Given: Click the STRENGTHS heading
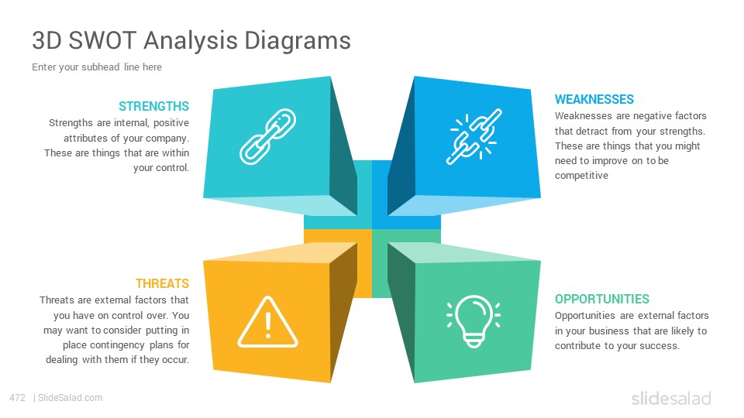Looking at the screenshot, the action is (x=153, y=106).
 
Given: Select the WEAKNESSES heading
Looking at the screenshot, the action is (x=594, y=100).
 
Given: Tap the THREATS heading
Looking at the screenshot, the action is (x=162, y=283).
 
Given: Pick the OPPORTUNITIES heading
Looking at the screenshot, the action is (x=601, y=299).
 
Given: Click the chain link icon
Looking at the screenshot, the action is (x=267, y=136).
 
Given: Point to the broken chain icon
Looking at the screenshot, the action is (x=474, y=136).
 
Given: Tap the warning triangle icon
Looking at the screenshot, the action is (x=267, y=322).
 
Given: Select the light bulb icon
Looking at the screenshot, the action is (x=474, y=320).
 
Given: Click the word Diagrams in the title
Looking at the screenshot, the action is (x=298, y=41).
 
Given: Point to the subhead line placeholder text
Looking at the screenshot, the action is (x=97, y=67).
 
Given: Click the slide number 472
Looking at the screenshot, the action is (x=18, y=398).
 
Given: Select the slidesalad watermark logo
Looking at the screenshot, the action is (x=671, y=398).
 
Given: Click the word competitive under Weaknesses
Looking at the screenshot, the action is (x=581, y=176).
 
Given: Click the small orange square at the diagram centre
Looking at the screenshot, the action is (x=338, y=263).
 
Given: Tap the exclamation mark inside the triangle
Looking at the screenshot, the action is (x=268, y=324).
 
